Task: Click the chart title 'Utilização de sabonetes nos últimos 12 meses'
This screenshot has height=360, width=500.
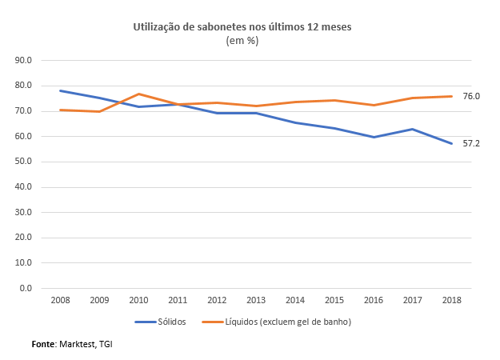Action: (242, 27)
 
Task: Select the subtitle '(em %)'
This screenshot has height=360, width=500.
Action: (242, 41)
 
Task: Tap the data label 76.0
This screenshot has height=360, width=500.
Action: (471, 96)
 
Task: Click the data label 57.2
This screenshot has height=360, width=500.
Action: (471, 144)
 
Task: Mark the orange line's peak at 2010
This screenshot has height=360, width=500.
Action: (138, 94)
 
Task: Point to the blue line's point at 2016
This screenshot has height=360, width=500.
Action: (374, 137)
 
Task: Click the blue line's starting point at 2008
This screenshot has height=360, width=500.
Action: (60, 90)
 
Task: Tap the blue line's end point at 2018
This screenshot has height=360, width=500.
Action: (452, 143)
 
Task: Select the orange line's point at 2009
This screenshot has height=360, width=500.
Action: (99, 111)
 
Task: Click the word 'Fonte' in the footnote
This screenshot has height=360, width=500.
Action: (42, 343)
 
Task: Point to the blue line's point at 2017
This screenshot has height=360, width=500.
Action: (413, 129)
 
